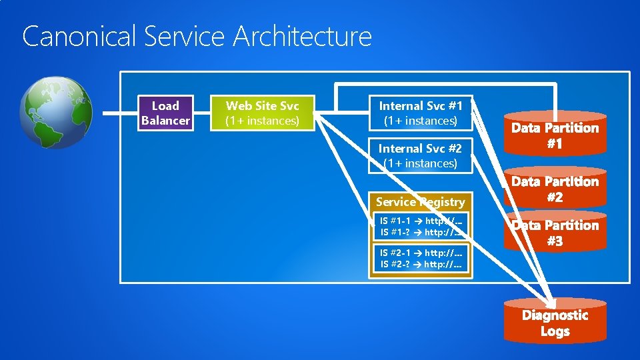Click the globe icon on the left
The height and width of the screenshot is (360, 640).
pyautogui.click(x=55, y=112)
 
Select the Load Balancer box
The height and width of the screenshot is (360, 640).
pyautogui.click(x=165, y=113)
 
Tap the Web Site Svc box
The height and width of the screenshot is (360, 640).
pyautogui.click(x=262, y=113)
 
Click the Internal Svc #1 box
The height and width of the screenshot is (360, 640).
pyautogui.click(x=420, y=113)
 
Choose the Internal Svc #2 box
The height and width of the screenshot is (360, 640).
pyautogui.click(x=420, y=155)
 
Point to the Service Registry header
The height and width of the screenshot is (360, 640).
pyautogui.click(x=420, y=201)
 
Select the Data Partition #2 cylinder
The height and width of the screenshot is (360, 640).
pyautogui.click(x=555, y=189)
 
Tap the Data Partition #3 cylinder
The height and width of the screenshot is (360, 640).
pyautogui.click(x=555, y=233)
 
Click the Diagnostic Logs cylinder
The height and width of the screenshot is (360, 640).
pyautogui.click(x=555, y=323)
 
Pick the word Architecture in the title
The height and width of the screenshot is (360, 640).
pyautogui.click(x=302, y=36)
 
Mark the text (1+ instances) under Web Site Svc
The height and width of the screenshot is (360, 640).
pyautogui.click(x=262, y=121)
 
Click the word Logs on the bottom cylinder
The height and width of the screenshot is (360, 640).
pyautogui.click(x=555, y=331)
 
